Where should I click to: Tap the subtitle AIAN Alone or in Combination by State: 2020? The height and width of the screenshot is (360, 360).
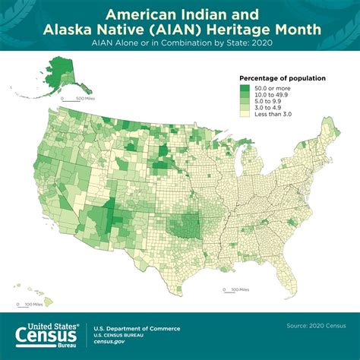coord(180,43)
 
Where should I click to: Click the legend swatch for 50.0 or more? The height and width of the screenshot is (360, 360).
coord(245,87)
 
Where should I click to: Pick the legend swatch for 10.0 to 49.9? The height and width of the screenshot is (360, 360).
coord(245,94)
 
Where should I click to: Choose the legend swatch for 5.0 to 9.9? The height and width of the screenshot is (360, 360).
coord(245,101)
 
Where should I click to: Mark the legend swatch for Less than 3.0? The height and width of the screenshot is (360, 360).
coord(245,114)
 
